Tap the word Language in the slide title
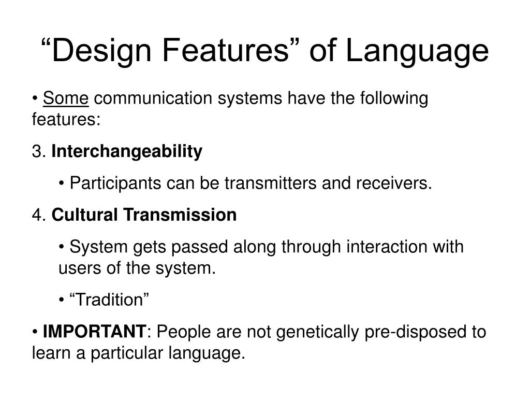click(x=417, y=51)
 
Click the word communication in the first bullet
click(x=154, y=98)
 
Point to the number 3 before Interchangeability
click(x=36, y=152)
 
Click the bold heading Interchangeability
click(x=127, y=152)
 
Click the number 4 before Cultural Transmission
click(x=36, y=215)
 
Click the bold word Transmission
click(x=179, y=215)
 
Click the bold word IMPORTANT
click(x=94, y=332)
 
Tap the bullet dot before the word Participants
click(x=62, y=183)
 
